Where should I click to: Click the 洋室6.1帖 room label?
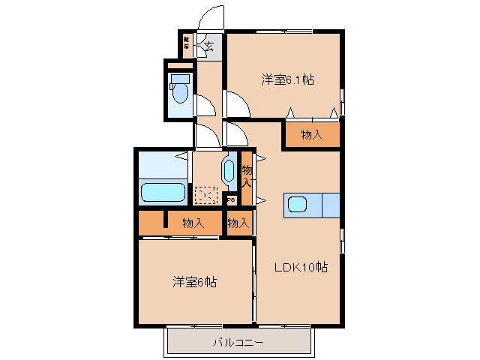tap(286, 79)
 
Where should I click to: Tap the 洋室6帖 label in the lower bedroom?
tap(194, 283)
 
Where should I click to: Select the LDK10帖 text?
tap(299, 266)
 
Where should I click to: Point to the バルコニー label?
tap(238, 343)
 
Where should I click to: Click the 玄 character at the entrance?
tap(208, 46)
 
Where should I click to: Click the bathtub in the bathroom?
tap(163, 192)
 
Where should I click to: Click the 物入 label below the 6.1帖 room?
tap(311, 135)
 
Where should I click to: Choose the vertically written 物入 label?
tap(247, 177)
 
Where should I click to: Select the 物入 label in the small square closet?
tap(238, 223)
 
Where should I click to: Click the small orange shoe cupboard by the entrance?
tap(187, 43)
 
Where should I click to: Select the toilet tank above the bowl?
tap(181, 76)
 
